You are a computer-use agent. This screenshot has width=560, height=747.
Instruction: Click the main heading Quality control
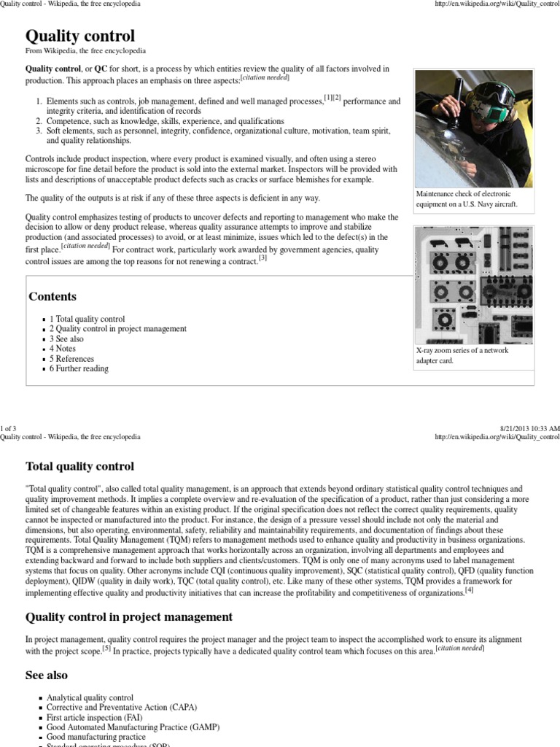tap(80, 36)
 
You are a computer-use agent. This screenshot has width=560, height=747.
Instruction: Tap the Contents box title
tap(52, 296)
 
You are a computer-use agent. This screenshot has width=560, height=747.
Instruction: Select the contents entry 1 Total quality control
tap(87, 319)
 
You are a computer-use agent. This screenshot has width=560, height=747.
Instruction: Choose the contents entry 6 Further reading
tap(79, 368)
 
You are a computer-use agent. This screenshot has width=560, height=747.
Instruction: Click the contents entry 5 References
tap(71, 359)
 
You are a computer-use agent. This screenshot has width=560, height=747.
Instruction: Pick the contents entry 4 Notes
tap(62, 349)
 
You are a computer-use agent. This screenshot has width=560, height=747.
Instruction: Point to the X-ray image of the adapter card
tap(473, 284)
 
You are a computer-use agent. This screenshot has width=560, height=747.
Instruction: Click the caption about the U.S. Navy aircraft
tap(467, 199)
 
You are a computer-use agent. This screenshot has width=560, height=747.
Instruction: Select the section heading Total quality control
tap(79, 465)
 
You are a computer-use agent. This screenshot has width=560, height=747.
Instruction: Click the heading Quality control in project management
tap(129, 617)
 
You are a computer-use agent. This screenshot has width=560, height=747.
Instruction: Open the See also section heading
tap(47, 676)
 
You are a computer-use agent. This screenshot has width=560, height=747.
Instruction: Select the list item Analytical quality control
tap(90, 697)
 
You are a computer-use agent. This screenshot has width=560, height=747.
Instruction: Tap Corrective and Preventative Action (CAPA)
tap(121, 707)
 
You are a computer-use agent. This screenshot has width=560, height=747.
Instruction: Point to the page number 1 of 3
tap(8, 427)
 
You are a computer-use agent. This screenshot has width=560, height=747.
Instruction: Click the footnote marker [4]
tap(469, 590)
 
